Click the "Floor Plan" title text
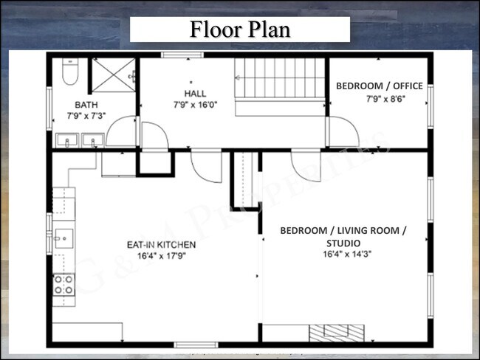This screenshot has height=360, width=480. [x=240, y=30]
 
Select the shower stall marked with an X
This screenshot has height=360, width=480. [x=113, y=75]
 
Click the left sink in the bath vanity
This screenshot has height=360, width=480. [x=67, y=139]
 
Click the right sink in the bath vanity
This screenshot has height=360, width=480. [x=92, y=139]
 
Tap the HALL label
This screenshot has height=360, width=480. [x=195, y=93]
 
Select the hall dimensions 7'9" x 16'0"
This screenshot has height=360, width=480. [x=195, y=105]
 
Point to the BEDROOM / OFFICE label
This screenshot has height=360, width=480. [x=379, y=86]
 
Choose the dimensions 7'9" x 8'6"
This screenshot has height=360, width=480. [x=379, y=97]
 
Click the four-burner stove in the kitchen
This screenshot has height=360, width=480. [x=64, y=284]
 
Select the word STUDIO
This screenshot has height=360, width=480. [x=343, y=243]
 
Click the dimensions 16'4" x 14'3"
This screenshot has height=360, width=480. [x=343, y=255]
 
